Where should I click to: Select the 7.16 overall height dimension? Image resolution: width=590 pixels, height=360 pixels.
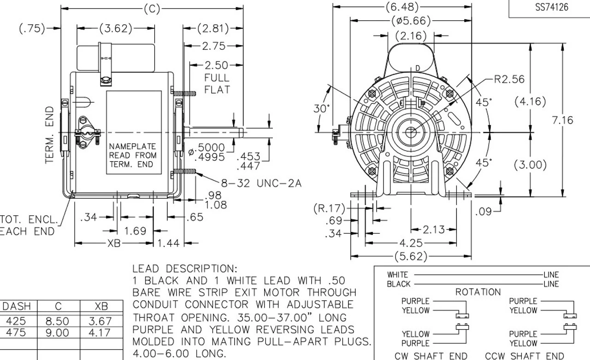click(562, 120)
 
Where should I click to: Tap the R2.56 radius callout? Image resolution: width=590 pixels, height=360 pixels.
click(509, 79)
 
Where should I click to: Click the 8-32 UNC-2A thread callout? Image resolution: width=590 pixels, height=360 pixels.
click(261, 183)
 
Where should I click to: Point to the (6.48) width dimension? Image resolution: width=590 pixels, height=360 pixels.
click(402, 7)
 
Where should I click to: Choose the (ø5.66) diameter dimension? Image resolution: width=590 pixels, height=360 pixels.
click(411, 21)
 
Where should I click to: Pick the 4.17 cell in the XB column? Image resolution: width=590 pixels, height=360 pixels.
click(101, 332)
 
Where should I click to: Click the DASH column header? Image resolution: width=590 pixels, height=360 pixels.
click(17, 307)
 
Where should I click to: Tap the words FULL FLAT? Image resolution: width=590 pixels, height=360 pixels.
click(217, 83)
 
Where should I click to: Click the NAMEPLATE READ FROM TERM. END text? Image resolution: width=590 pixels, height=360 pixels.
click(133, 155)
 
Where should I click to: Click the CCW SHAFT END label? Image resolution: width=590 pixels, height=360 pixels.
click(525, 355)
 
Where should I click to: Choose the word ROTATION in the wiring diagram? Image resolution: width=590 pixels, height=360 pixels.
click(478, 292)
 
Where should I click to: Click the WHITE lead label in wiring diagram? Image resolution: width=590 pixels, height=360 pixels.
click(397, 275)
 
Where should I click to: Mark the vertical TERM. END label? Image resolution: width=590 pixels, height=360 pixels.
click(50, 135)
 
